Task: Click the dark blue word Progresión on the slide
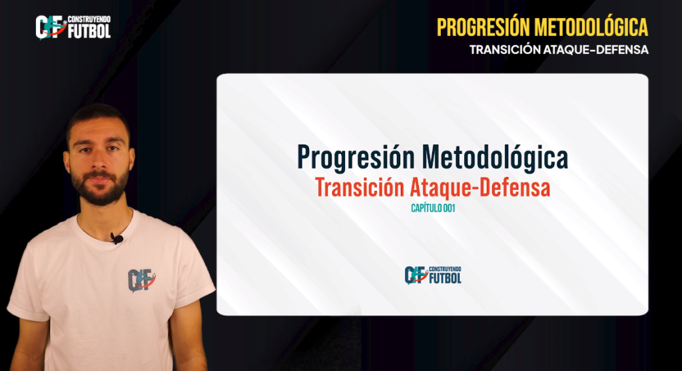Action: point(356,158)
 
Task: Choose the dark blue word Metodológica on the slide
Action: point(495,157)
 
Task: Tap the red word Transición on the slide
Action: point(360,187)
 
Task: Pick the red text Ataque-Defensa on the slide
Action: point(480,188)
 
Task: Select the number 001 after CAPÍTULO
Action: point(450,208)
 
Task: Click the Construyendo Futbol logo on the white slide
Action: point(433,275)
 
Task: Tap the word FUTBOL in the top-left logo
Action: point(89,31)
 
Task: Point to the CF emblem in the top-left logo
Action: point(51,27)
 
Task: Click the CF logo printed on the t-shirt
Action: point(141,280)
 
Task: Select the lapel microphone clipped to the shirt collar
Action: point(117,238)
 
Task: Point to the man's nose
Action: point(99,160)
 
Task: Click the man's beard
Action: point(100,185)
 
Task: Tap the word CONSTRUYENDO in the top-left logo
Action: point(89,19)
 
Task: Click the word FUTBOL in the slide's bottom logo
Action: point(446,278)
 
